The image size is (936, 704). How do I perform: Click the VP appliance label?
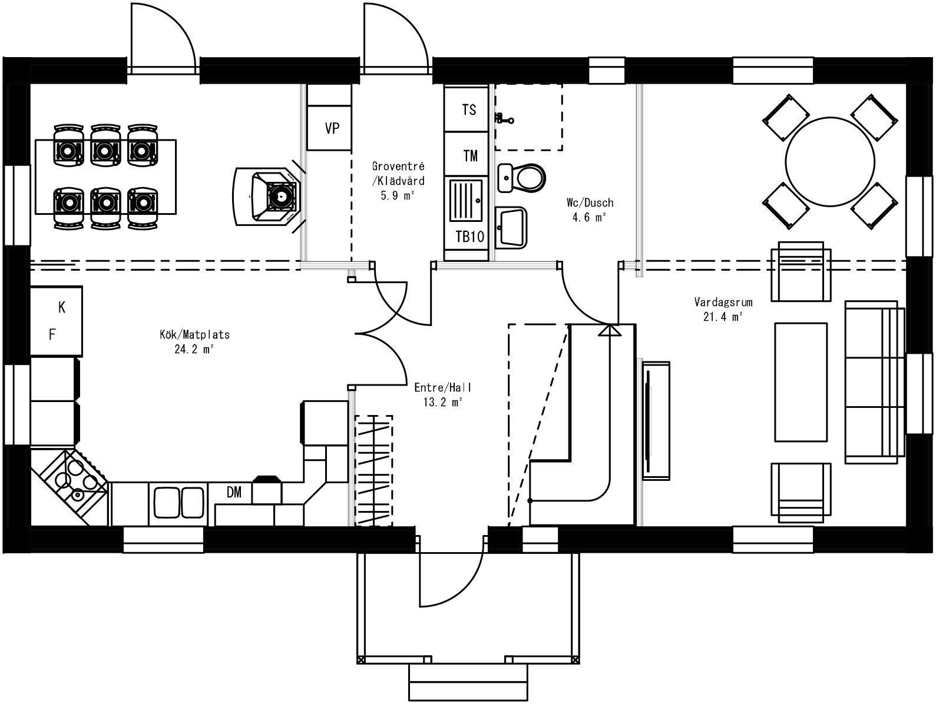[332, 128]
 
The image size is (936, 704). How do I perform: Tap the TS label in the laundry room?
[469, 110]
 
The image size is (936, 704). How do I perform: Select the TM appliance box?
[469, 156]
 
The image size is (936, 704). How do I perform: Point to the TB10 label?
[469, 237]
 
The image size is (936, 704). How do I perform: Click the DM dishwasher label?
[234, 493]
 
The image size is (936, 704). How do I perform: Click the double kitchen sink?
[178, 502]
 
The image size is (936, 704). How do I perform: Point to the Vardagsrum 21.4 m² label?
[715, 310]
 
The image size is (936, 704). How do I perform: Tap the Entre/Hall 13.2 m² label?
[443, 395]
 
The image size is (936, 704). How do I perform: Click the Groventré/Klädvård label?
[398, 181]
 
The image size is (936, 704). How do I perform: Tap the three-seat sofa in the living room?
[874, 382]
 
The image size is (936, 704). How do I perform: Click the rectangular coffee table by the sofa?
[800, 381]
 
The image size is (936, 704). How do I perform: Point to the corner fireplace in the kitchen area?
[269, 196]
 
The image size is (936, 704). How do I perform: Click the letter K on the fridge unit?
[62, 307]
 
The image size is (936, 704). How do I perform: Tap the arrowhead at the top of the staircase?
[610, 330]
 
